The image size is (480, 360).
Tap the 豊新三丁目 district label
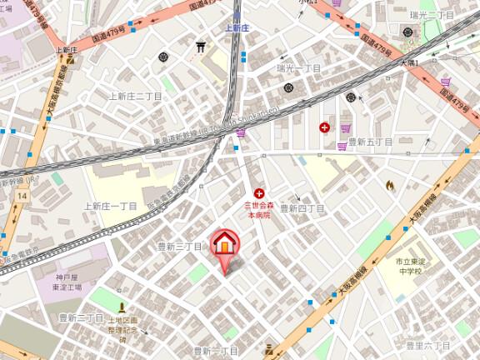pyautogui.click(x=181, y=247)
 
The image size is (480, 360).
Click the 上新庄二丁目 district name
pyautogui.click(x=134, y=97)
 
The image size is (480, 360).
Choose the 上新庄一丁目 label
pyautogui.click(x=110, y=206)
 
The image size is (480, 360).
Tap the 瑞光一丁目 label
pyautogui.click(x=299, y=67)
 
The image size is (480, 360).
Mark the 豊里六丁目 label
pyautogui.click(x=427, y=344)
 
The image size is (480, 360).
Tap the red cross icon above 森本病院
pyautogui.click(x=259, y=192)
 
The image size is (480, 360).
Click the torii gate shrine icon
pyautogui.click(x=201, y=47)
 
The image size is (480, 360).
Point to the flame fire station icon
pyautogui.click(x=390, y=185)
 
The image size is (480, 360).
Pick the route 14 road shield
pyautogui.click(x=22, y=195)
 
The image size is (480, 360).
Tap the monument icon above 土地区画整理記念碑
pyautogui.click(x=122, y=307)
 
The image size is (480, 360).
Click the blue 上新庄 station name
pyautogui.click(x=237, y=27)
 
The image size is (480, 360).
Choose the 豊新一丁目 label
pyautogui.click(x=216, y=351)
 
